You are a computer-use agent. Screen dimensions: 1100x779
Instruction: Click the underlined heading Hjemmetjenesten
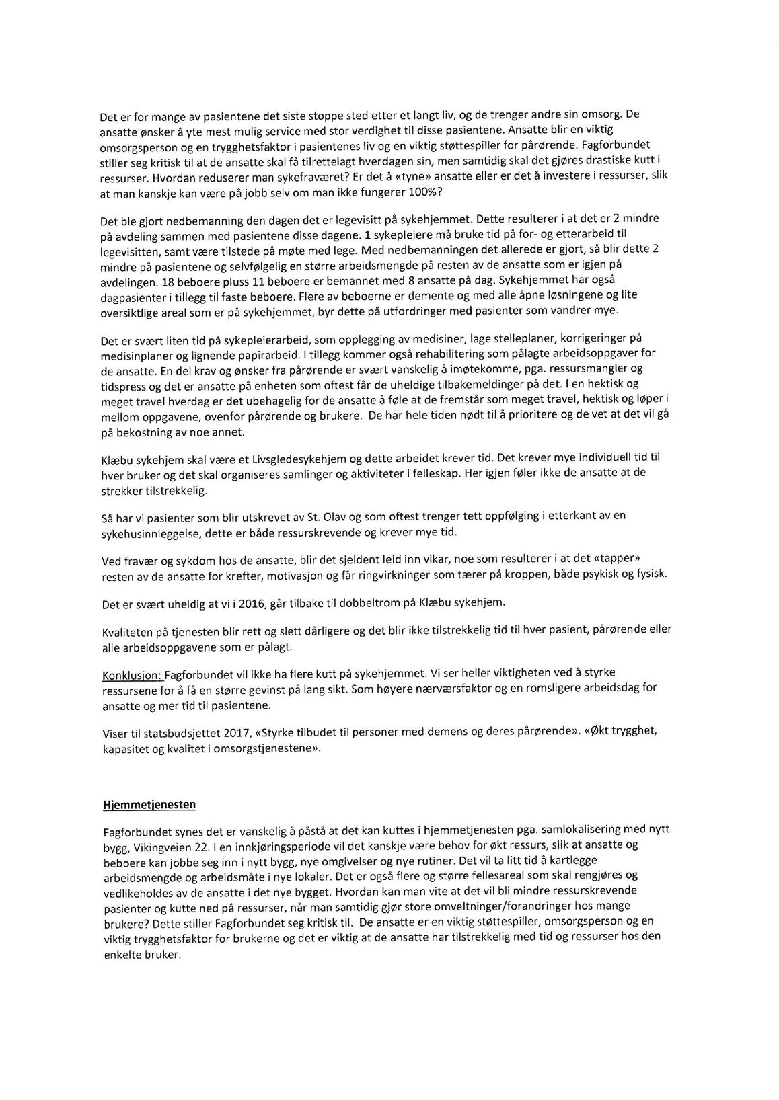pyautogui.click(x=149, y=804)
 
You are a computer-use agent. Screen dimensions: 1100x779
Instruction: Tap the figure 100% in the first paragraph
pyautogui.click(x=422, y=192)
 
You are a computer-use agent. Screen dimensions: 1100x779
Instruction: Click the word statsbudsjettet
pyautogui.click(x=178, y=732)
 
